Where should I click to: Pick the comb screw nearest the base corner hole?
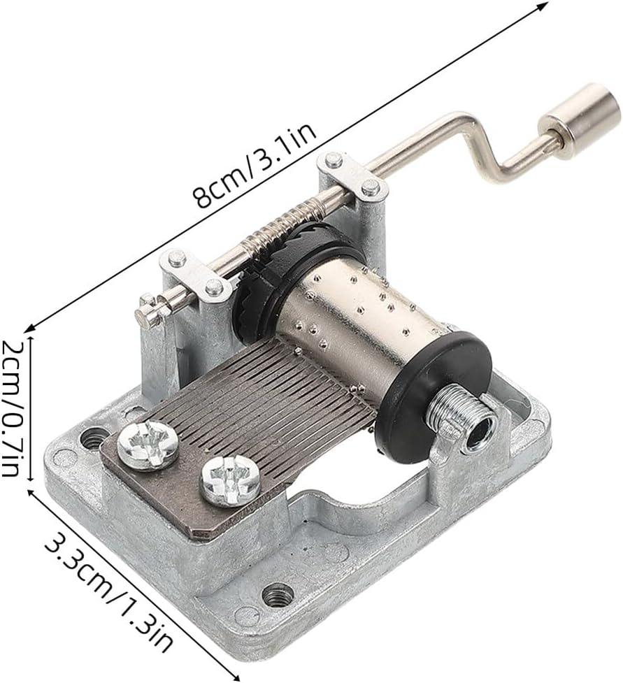point(148,445)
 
